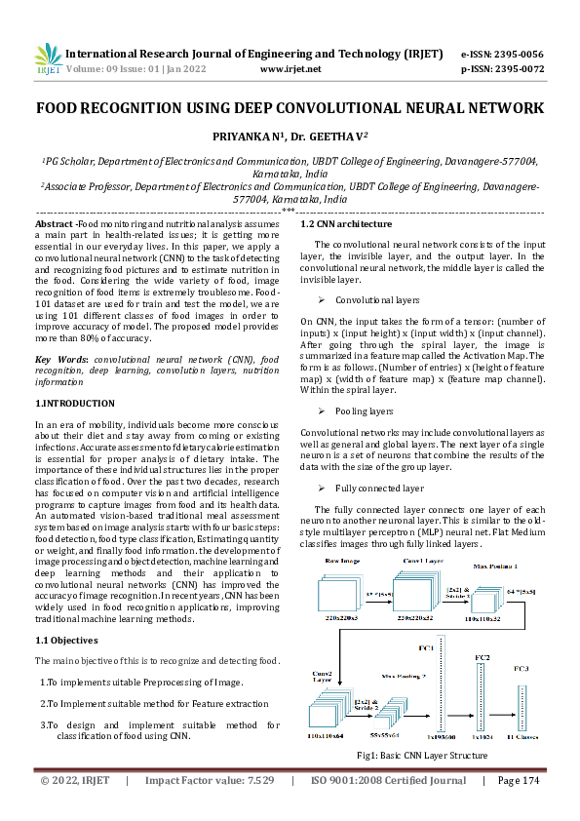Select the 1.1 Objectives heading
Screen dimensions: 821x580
(67, 641)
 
